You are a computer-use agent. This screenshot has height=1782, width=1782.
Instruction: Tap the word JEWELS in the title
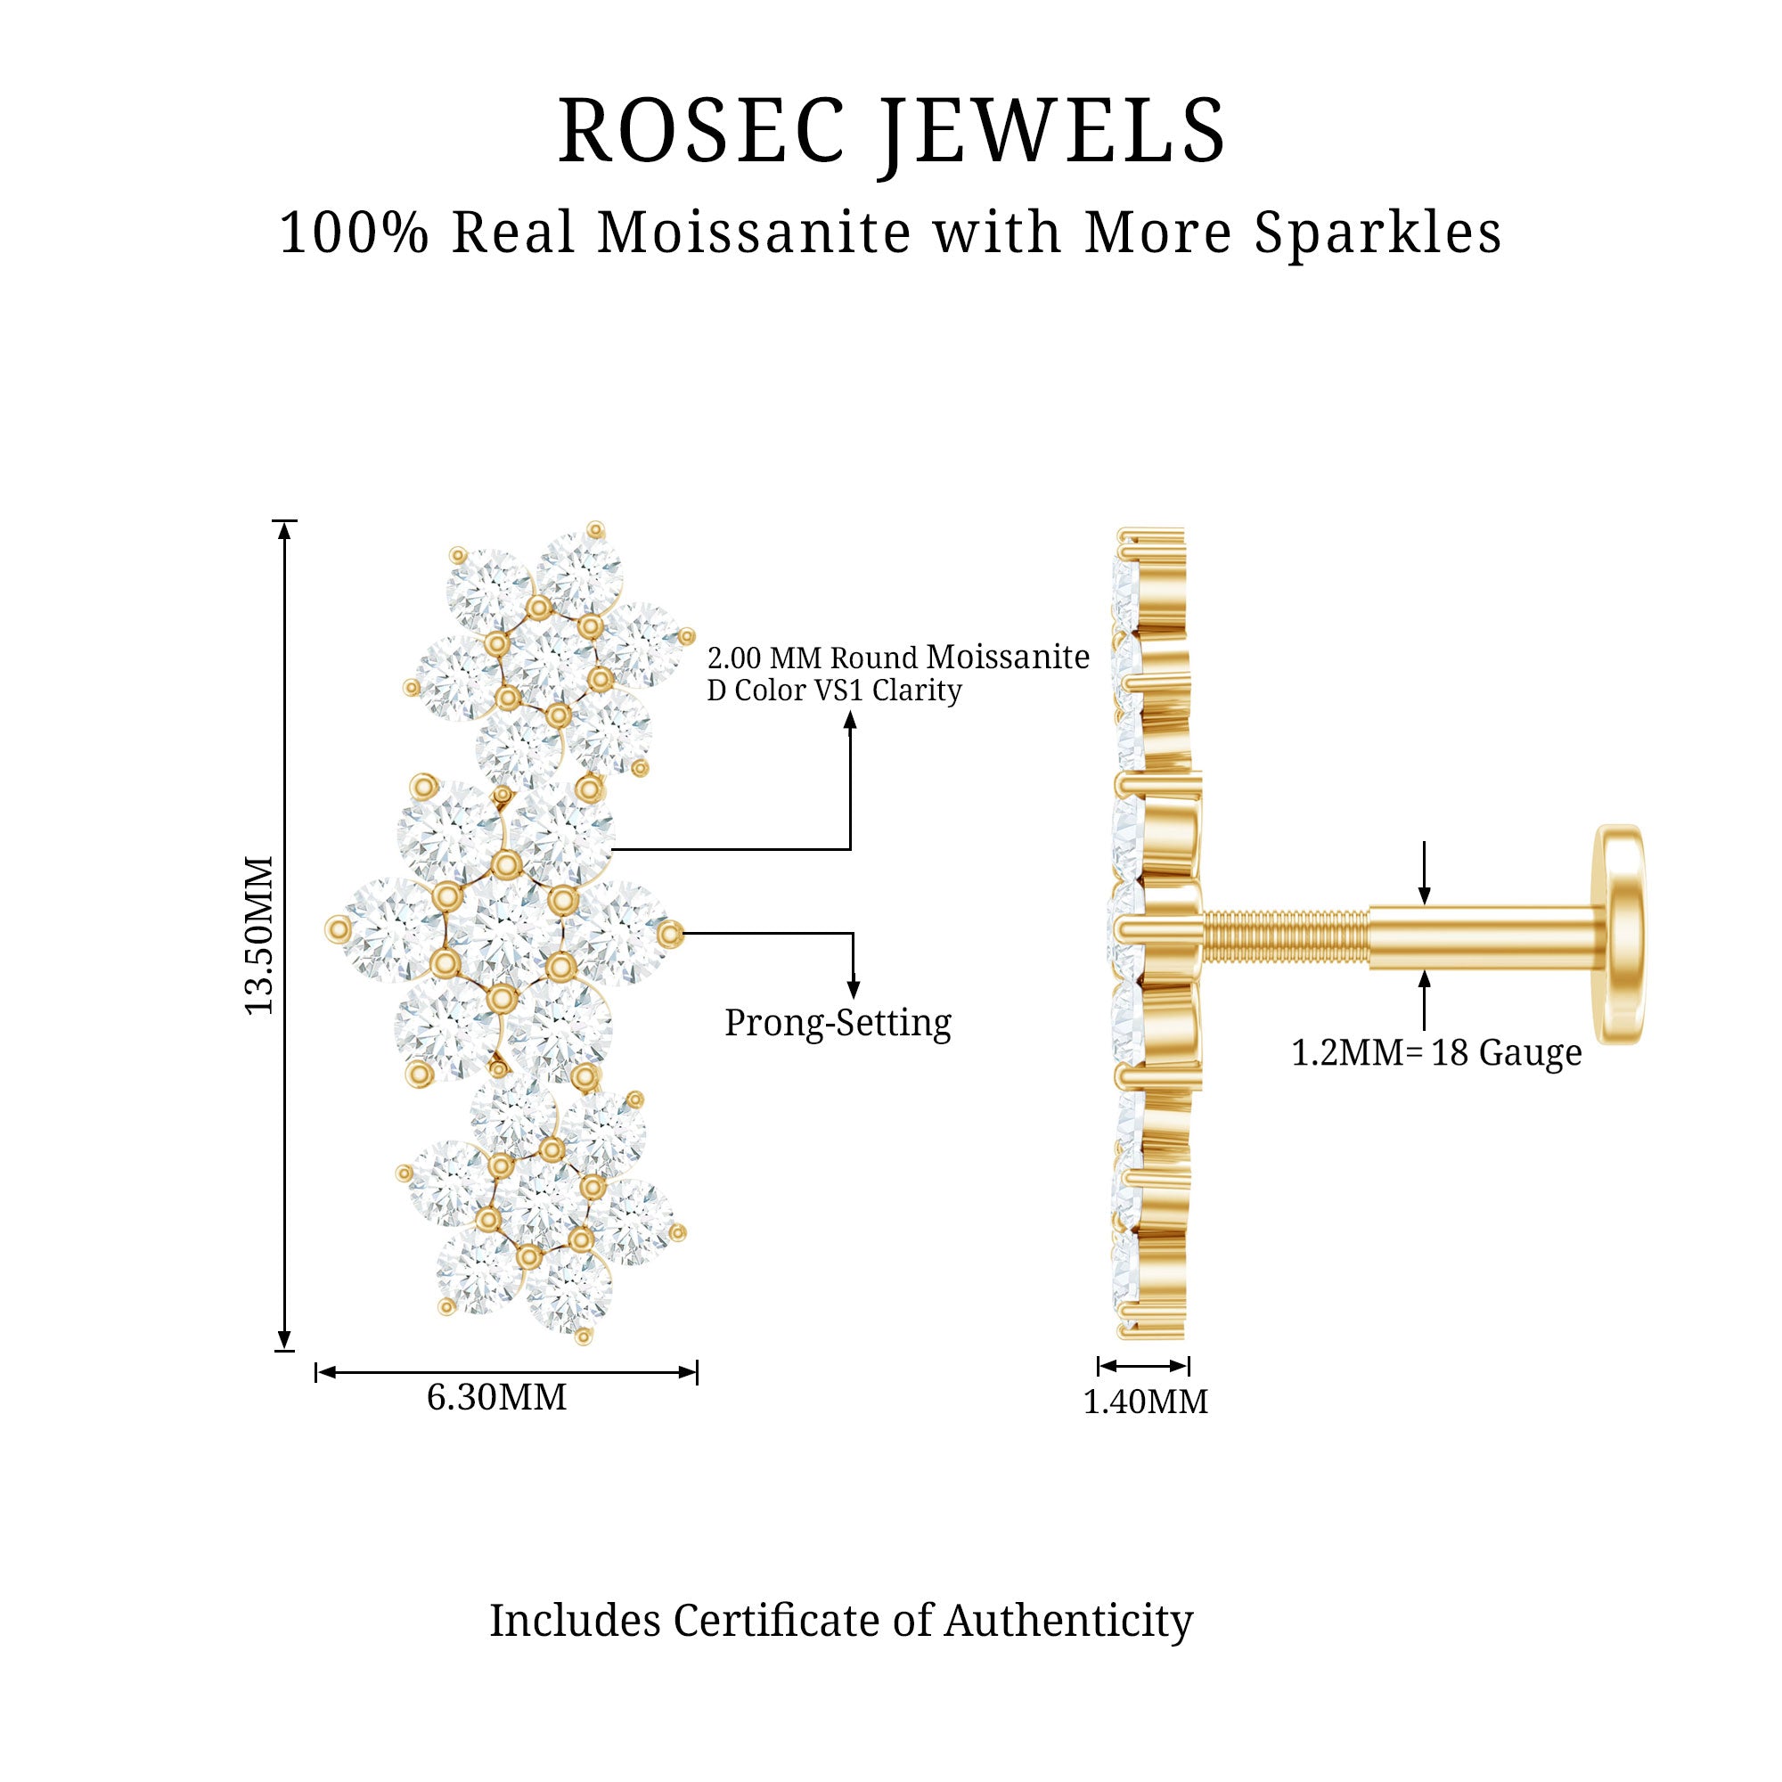point(1052,132)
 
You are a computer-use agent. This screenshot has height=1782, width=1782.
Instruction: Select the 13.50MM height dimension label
point(259,936)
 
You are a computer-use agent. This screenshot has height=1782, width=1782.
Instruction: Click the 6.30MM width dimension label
point(496,1397)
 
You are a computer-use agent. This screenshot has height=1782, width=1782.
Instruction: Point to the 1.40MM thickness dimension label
point(1145,1402)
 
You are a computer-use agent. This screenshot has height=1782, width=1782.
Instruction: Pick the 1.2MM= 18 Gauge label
point(1436,1052)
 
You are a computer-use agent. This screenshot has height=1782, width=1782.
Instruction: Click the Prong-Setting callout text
point(838,1023)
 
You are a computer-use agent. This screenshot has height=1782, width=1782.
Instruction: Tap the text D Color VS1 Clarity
point(834,690)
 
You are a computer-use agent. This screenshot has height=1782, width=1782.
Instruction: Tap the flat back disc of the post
point(1622,935)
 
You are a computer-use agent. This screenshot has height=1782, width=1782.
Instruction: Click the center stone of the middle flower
point(503,932)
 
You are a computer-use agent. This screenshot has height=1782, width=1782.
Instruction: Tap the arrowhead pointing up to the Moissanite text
point(850,720)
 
